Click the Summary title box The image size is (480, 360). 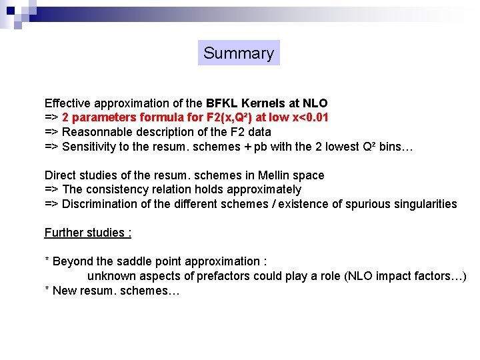[239, 53]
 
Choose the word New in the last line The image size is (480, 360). [65, 291]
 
